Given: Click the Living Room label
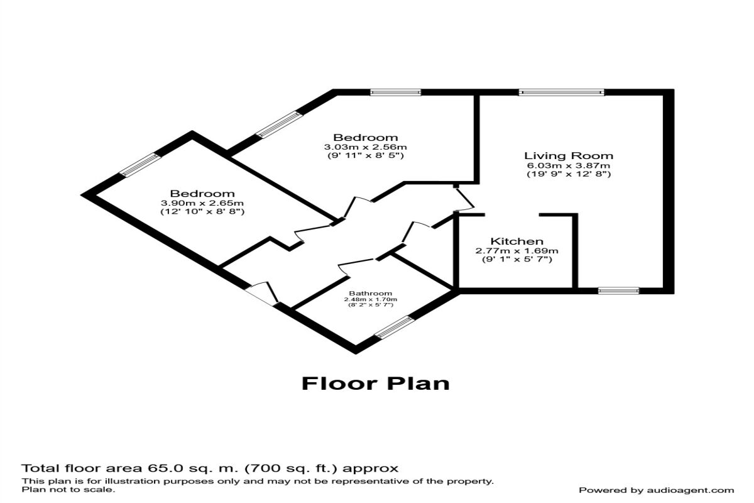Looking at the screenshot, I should tap(569, 156).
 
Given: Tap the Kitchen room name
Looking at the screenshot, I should tap(516, 241).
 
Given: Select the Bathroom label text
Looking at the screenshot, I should tap(371, 293).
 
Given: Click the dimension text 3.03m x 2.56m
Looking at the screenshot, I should tap(365, 147).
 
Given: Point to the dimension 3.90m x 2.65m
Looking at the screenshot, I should tap(202, 203).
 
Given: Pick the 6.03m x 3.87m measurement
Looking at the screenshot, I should tap(569, 166).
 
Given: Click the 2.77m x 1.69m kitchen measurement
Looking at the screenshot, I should tap(516, 251).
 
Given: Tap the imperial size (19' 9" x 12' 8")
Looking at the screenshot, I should tap(569, 174).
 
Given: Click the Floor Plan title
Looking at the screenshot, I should tap(375, 383).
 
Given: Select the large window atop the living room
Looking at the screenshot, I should tap(561, 92).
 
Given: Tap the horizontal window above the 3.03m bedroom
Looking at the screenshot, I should tap(395, 92).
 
